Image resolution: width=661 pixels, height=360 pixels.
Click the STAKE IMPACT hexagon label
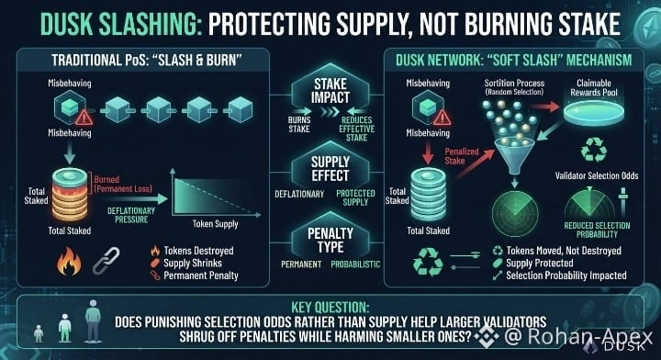point(330,91)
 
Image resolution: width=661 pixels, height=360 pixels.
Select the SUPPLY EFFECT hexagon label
point(330,169)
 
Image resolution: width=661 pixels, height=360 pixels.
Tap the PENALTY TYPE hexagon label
point(330,240)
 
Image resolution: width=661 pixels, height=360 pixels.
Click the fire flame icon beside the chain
point(69,261)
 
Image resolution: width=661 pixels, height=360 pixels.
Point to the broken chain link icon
point(106,261)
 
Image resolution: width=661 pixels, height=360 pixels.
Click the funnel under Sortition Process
point(514,155)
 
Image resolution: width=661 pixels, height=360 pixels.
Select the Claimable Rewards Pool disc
point(594,112)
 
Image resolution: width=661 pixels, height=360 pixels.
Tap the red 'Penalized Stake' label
point(462,156)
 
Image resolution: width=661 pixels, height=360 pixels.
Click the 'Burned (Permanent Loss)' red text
point(123,184)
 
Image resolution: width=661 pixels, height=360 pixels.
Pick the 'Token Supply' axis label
point(216,224)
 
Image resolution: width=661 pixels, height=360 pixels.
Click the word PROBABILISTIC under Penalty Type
point(355,264)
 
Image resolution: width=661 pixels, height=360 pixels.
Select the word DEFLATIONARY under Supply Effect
point(299,194)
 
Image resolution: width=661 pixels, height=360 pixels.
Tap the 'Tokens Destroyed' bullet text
point(198,251)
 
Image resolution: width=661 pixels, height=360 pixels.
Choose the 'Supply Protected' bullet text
point(540,263)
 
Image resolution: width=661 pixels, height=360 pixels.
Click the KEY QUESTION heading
point(330,307)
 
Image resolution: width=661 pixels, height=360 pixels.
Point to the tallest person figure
point(93,321)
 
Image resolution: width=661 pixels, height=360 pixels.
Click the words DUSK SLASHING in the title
point(118,24)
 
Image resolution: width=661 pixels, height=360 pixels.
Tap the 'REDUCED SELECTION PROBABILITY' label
point(597,230)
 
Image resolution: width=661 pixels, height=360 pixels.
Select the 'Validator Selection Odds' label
point(597,175)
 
